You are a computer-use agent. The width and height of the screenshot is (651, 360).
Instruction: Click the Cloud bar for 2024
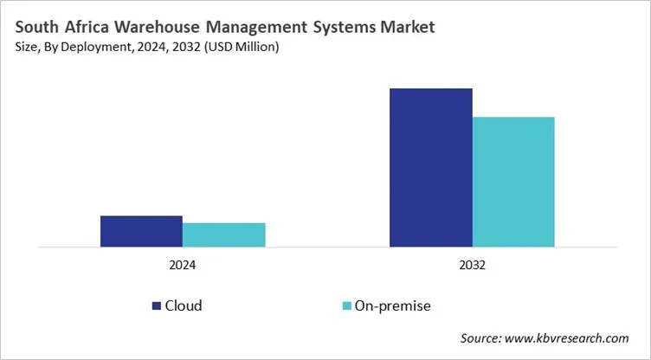[141, 231]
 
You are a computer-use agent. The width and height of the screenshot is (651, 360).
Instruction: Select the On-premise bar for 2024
[223, 235]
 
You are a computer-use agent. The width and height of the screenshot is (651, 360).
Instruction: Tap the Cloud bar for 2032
[430, 167]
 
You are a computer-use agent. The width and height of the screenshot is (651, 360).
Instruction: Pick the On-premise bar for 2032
[513, 182]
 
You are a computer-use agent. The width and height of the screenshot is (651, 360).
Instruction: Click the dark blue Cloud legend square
[157, 305]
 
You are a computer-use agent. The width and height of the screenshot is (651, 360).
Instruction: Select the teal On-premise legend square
[348, 305]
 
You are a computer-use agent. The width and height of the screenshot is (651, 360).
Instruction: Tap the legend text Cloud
[184, 305]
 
